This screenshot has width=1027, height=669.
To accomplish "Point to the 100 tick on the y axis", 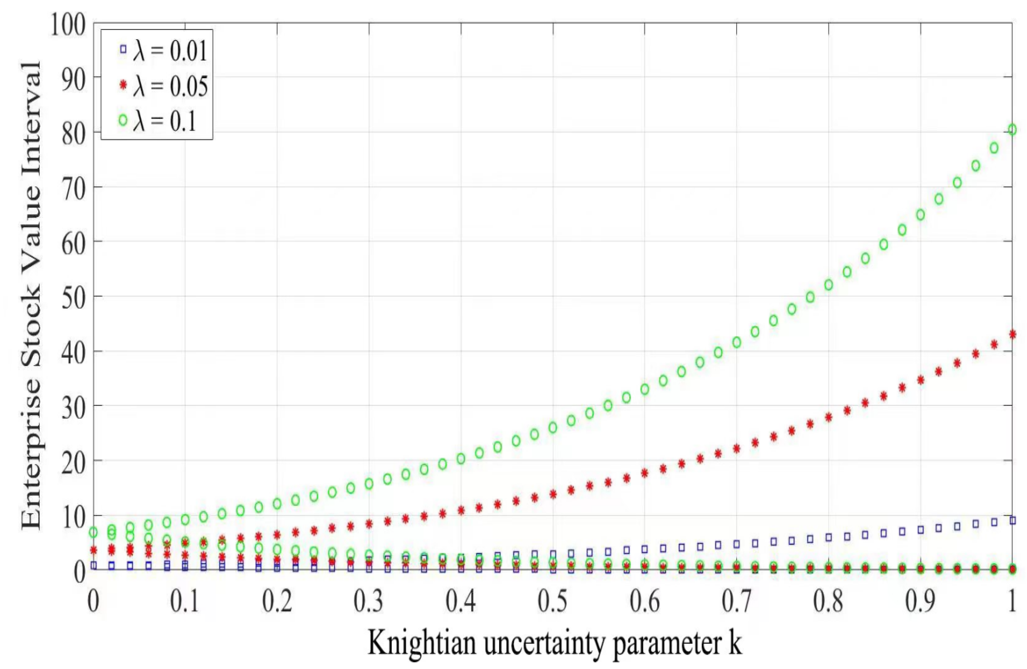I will pyautogui.click(x=68, y=25).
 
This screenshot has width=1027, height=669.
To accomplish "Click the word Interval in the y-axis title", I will pyautogui.click(x=31, y=110).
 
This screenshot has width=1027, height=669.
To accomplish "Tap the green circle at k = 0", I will pyautogui.click(x=93, y=532).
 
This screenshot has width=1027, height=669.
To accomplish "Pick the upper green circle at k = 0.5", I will pyautogui.click(x=553, y=427).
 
